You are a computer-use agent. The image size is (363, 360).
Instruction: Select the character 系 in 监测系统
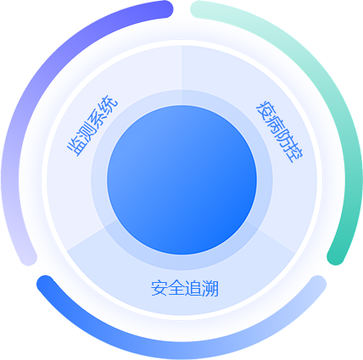tap(98, 117)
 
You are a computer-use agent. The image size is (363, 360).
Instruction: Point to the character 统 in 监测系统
tap(109, 103)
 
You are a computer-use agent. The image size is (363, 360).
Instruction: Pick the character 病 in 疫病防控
tap(275, 124)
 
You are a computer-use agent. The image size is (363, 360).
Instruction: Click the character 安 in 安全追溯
tap(159, 288)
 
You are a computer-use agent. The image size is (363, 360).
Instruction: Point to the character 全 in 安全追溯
tap(176, 288)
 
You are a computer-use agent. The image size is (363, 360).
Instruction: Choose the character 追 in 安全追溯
tap(193, 288)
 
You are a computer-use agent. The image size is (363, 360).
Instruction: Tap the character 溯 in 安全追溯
tap(210, 288)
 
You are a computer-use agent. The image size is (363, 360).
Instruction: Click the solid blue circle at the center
tap(181, 180)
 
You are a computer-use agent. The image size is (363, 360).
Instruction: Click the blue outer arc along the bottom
tap(181, 351)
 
